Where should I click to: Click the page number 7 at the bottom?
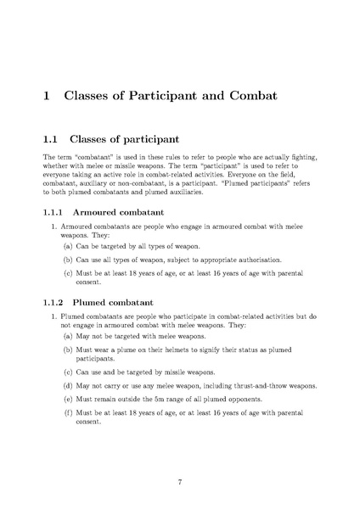(x=180, y=483)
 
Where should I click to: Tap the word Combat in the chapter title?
(x=254, y=95)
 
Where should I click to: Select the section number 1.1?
(x=50, y=137)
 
